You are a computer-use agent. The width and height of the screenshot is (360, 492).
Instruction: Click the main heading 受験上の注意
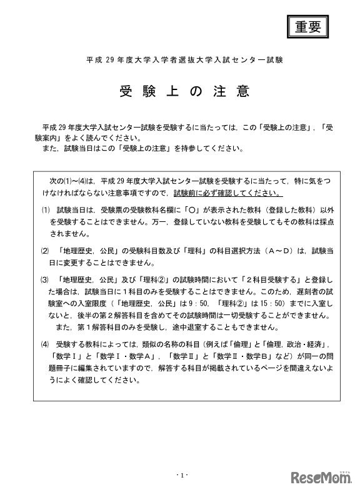184,91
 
